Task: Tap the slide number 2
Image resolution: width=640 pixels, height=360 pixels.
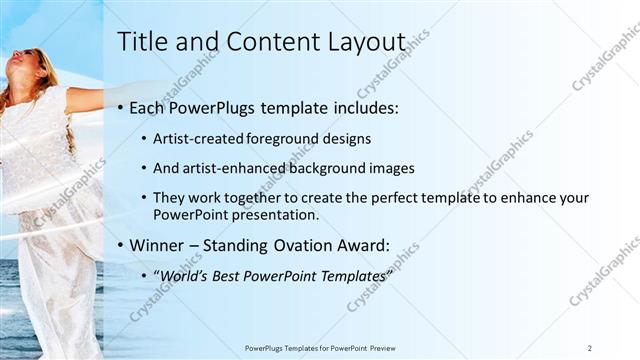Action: coord(590,347)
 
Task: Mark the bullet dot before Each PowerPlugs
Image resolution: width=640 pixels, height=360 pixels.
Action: coord(121,107)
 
